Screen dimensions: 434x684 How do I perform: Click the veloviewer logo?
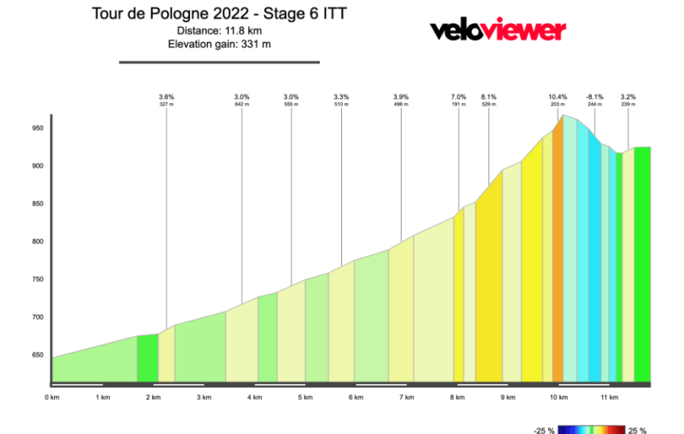tap(498, 30)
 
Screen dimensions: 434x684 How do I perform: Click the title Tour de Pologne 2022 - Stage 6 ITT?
tap(219, 14)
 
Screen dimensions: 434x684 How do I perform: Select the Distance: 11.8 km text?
tap(219, 30)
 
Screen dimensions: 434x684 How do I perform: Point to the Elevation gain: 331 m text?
tap(219, 44)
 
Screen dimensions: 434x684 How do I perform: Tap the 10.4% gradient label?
tap(558, 96)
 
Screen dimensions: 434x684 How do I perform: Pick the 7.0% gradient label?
tap(458, 96)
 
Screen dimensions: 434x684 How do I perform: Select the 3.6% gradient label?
tap(166, 96)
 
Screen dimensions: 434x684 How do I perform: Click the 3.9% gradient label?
tap(401, 96)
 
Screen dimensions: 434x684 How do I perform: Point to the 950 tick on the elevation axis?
tap(37, 128)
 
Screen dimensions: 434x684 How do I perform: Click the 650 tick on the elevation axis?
tap(37, 355)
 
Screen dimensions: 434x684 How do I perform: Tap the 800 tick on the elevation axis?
tap(37, 242)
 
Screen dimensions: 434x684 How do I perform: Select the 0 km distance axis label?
tap(52, 397)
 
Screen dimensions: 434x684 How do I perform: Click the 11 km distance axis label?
tap(609, 397)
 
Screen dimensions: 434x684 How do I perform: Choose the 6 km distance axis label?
tap(356, 397)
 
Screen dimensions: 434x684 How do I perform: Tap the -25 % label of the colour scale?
tap(544, 430)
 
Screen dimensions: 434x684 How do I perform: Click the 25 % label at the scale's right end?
tap(638, 430)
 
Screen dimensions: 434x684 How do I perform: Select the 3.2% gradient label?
tap(628, 96)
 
